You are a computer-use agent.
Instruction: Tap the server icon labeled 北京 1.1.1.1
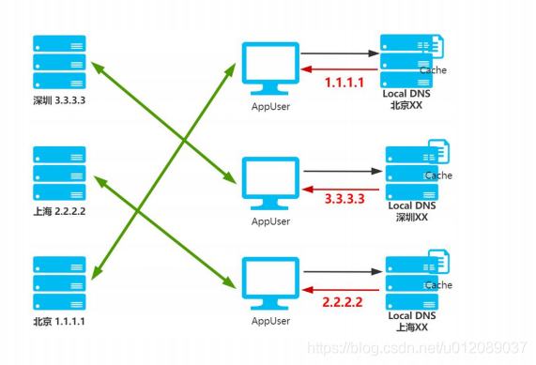(58, 279)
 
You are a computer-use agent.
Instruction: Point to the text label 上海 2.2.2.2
(58, 210)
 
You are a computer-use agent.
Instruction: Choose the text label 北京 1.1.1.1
(58, 322)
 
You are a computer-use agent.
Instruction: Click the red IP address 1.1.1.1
(345, 83)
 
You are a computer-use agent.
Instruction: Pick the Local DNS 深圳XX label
(413, 211)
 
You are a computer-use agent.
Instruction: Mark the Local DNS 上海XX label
(413, 322)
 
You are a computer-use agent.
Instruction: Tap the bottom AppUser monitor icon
(270, 280)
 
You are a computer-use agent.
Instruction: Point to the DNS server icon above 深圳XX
(410, 170)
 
